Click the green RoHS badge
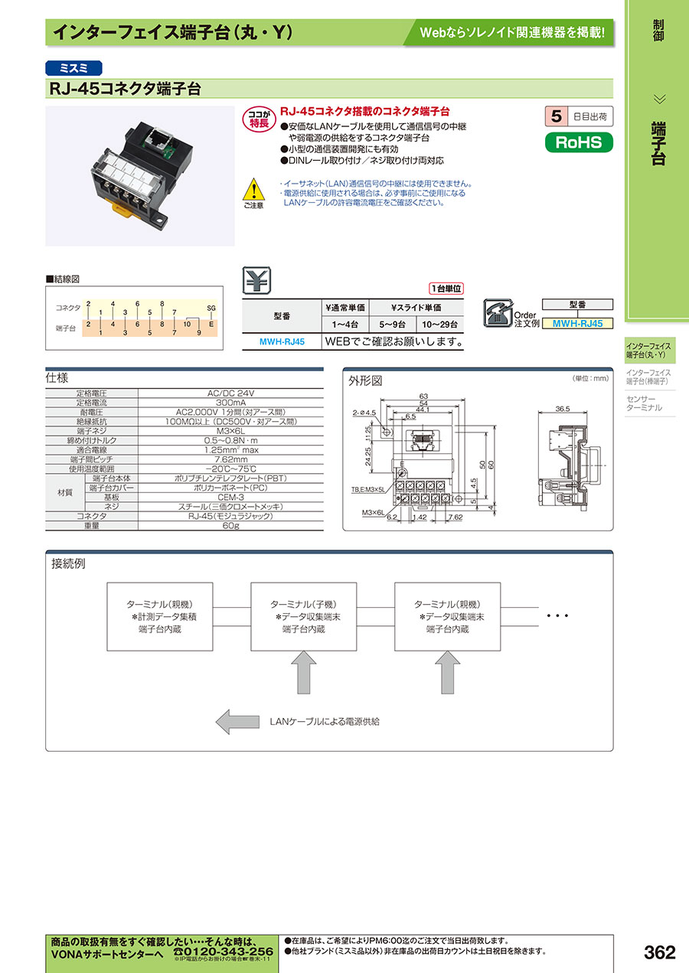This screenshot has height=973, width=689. click(x=579, y=142)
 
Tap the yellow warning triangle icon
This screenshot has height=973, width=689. click(x=253, y=189)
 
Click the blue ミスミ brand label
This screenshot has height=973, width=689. click(x=73, y=67)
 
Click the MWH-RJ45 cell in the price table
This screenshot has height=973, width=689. click(x=281, y=341)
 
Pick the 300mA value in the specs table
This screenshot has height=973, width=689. click(x=230, y=402)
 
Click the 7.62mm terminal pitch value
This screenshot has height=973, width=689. click(x=230, y=459)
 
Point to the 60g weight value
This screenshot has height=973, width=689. click(x=230, y=526)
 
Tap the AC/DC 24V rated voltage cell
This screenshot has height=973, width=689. click(x=230, y=393)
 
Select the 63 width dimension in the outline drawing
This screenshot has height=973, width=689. click(x=423, y=396)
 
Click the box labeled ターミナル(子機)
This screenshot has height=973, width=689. click(x=304, y=617)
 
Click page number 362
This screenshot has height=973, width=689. click(x=659, y=952)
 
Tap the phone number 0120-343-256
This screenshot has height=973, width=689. click(x=224, y=950)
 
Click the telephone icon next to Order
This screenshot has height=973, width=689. click(x=498, y=312)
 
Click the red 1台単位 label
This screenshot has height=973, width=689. click(x=447, y=289)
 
